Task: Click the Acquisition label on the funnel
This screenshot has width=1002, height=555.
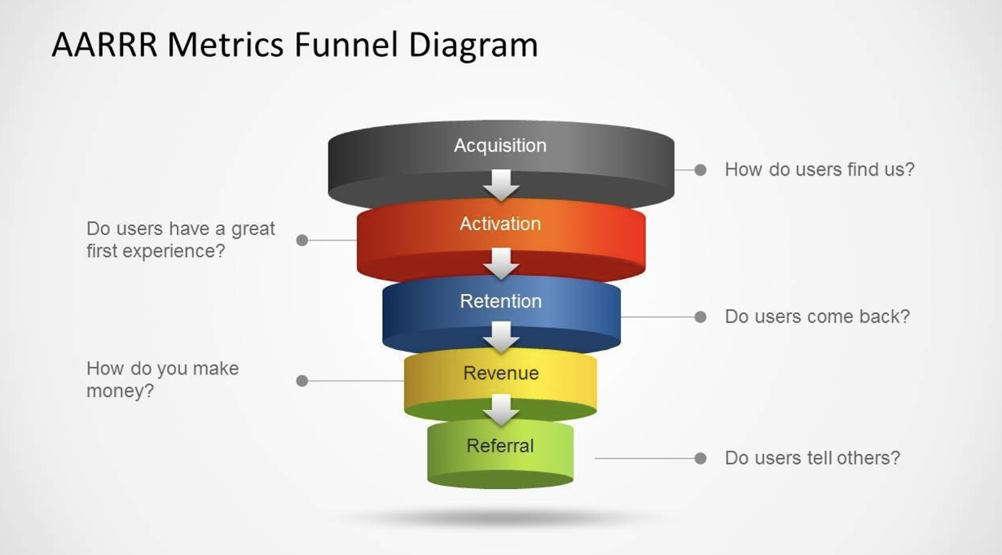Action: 500,146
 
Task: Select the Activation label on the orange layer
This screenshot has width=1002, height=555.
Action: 500,224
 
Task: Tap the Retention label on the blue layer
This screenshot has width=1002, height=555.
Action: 500,301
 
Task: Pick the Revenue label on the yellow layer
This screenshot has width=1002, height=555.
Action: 500,374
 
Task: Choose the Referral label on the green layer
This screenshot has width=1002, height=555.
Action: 500,446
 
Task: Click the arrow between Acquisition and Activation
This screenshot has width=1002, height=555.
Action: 501,185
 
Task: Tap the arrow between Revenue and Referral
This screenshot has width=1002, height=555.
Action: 501,409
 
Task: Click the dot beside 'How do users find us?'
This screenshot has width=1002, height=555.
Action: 701,170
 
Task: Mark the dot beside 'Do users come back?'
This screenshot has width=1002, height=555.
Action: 701,317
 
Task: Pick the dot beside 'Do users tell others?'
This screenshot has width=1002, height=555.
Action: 701,458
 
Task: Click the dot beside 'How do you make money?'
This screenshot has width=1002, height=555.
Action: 302,381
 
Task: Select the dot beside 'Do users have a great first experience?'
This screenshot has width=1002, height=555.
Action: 302,240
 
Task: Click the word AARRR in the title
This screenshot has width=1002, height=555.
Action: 104,45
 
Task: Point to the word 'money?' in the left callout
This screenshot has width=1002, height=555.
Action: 121,391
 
